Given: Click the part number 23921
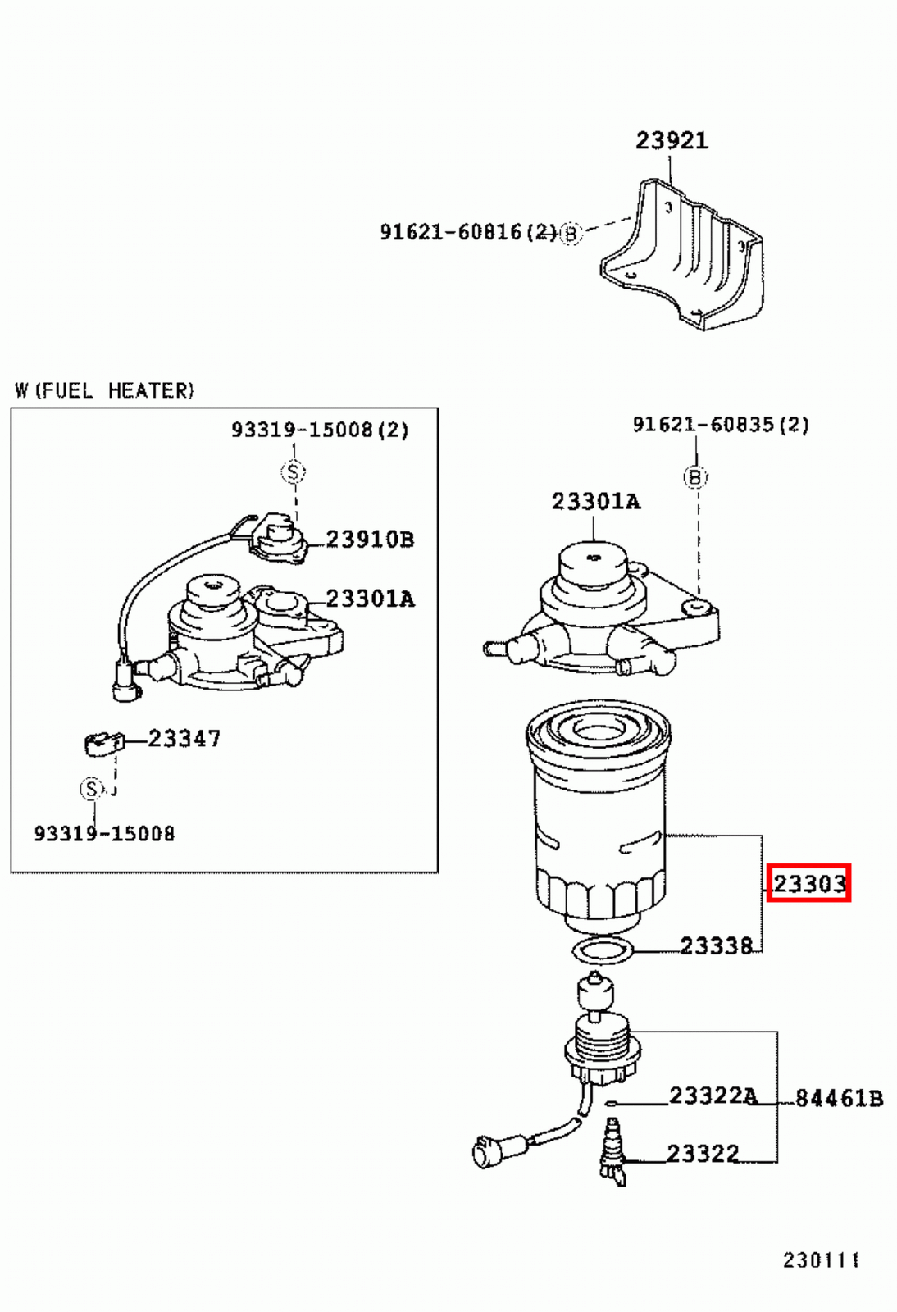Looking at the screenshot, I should point(672,141).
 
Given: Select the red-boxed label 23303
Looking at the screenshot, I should point(808,883).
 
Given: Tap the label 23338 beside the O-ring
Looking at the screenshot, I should point(716,946).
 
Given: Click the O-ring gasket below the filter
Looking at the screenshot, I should point(603,951).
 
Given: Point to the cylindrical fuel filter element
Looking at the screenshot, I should point(599,820).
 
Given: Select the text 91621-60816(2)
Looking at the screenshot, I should point(468,232).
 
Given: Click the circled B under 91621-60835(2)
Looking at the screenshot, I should point(695,477).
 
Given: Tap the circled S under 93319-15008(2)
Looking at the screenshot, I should point(293,471).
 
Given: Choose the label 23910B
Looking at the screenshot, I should point(370,540).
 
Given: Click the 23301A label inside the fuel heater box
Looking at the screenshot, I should point(370,599).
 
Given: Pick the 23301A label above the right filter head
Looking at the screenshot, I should point(595,502).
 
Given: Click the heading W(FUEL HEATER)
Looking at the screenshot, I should point(104,390).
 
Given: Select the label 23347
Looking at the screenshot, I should point(184,739).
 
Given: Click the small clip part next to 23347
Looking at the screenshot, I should point(102,743).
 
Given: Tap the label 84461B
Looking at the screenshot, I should point(839,1099).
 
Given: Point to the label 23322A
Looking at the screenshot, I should point(713,1096).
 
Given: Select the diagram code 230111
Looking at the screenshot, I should point(821,1260).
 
